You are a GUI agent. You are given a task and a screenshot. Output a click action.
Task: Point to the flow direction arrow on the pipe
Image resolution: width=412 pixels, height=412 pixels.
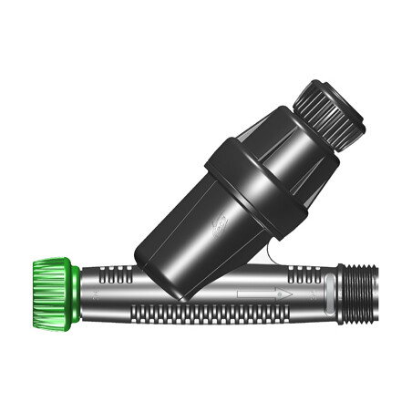(x=265, y=294)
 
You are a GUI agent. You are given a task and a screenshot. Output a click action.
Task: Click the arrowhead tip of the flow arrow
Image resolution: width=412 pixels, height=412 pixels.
(x=290, y=294)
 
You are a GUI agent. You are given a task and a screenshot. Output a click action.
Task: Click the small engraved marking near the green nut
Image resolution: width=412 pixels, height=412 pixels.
(x=98, y=294)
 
